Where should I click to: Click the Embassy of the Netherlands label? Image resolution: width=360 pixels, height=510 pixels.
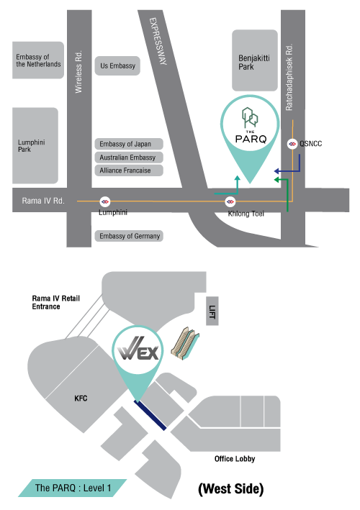click(38, 60)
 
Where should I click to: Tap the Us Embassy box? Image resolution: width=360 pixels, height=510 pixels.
click(117, 65)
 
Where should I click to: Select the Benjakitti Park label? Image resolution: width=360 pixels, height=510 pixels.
click(254, 63)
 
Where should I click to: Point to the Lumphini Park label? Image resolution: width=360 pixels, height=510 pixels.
click(31, 146)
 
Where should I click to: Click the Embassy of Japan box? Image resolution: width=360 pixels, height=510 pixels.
click(129, 144)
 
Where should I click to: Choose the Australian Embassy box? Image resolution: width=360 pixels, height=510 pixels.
click(129, 158)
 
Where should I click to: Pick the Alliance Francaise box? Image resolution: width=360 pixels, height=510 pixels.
click(129, 170)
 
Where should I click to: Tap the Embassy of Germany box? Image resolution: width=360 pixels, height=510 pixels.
click(129, 236)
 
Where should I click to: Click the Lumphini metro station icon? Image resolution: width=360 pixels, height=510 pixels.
click(105, 201)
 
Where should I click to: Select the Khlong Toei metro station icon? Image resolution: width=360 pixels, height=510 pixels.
click(230, 201)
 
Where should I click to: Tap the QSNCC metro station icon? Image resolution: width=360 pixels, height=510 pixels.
click(292, 144)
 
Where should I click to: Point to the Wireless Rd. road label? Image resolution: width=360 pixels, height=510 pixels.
click(78, 72)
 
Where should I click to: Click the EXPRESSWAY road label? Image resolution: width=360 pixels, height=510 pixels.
click(158, 41)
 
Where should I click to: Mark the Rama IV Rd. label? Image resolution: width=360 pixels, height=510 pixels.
click(43, 201)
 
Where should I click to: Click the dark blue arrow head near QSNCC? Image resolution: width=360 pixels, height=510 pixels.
click(276, 171)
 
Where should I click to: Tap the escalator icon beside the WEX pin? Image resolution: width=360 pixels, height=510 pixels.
click(185, 344)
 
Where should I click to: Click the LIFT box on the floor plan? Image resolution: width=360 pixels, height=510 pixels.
click(212, 311)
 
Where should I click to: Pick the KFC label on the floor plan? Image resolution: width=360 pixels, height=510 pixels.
click(81, 399)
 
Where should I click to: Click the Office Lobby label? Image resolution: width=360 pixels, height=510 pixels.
click(235, 459)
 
